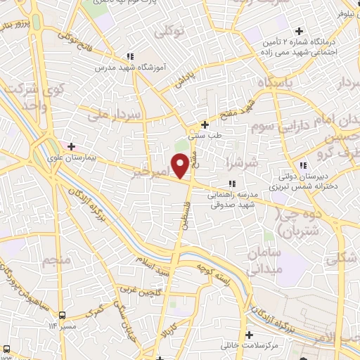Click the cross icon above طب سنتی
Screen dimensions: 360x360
205,124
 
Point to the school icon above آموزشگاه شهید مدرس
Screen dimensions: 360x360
129,56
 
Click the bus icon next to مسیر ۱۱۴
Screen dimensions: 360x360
63,315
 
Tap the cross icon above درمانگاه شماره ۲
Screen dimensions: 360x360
300,31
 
